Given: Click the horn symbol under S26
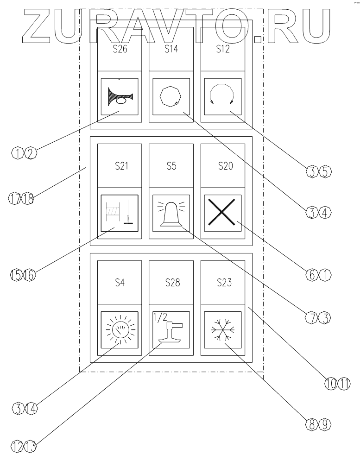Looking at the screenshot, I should (x=120, y=97).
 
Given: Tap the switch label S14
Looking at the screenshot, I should (x=171, y=50).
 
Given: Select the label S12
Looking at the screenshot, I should (x=223, y=50).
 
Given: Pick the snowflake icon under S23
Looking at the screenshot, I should (x=223, y=330).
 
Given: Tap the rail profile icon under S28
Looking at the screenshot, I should (x=171, y=331).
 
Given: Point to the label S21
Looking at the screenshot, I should (x=120, y=167).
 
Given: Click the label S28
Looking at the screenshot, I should (x=171, y=283).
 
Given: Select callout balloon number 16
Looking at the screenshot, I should (x=29, y=274).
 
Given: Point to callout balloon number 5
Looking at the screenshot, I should (x=328, y=171).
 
